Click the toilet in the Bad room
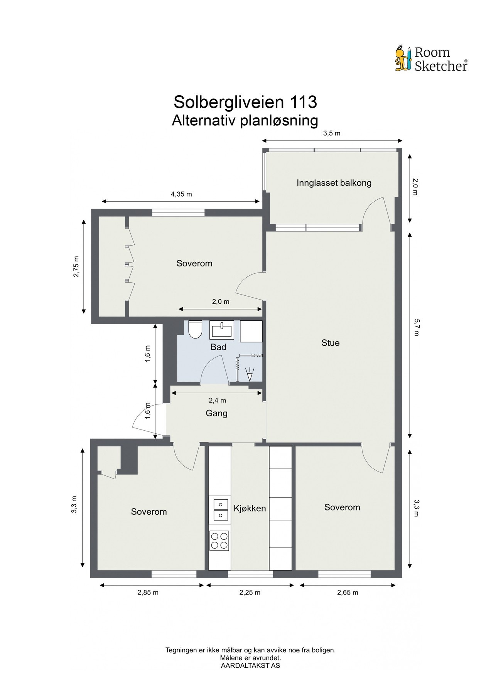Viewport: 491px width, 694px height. [x=196, y=330]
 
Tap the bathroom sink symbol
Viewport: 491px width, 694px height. [x=222, y=330]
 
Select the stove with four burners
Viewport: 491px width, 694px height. [x=219, y=540]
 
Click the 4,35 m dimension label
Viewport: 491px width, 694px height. [x=181, y=194]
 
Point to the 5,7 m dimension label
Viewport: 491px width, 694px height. [x=416, y=327]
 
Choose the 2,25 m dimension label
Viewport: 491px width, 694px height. [x=250, y=593]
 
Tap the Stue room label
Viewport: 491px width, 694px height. [x=331, y=343]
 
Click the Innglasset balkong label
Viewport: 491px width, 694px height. [x=334, y=183]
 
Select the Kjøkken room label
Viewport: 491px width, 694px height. [x=250, y=508]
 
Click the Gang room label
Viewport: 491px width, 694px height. [x=216, y=413]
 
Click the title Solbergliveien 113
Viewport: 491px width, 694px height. [x=245, y=102]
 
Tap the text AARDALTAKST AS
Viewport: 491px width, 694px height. [x=250, y=665]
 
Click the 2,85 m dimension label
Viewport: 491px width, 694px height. [x=148, y=593]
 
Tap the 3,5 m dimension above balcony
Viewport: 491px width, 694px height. [x=332, y=133]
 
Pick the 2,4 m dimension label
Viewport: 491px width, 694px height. [x=217, y=400]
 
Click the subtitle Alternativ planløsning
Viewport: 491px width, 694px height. [x=245, y=121]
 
